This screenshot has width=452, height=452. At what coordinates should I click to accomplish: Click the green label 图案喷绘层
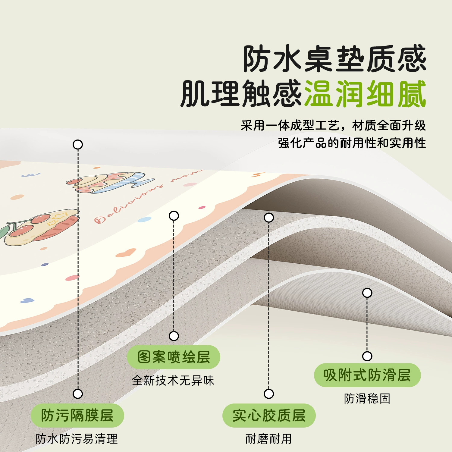click(x=173, y=357)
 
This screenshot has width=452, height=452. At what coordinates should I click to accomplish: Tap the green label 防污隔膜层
click(x=77, y=416)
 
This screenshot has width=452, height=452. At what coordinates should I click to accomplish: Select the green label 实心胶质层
click(x=269, y=416)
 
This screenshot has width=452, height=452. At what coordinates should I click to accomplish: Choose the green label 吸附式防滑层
click(x=367, y=375)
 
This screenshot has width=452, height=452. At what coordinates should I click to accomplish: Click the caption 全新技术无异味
click(x=173, y=381)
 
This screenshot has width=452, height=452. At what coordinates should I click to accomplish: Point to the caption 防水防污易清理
click(x=77, y=439)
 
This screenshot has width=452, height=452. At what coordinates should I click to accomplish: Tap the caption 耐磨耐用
click(x=269, y=439)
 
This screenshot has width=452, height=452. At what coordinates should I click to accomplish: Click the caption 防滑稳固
click(x=367, y=398)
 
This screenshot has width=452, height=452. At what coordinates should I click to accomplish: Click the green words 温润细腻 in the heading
click(x=365, y=94)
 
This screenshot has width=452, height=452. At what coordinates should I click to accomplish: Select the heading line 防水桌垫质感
click(x=334, y=59)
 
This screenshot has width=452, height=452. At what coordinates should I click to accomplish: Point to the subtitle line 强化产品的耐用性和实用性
click(x=352, y=143)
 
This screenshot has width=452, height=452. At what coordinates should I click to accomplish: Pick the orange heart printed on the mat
click(x=126, y=253)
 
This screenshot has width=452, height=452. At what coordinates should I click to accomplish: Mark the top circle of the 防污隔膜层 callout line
click(x=78, y=145)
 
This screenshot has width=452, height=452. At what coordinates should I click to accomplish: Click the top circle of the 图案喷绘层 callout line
click(x=174, y=216)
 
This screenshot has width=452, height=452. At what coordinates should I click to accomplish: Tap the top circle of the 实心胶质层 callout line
click(x=269, y=218)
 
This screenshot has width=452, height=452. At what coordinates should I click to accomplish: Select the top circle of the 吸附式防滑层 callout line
click(x=367, y=293)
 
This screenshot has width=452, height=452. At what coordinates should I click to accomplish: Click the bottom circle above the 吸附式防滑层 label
click(x=367, y=356)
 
